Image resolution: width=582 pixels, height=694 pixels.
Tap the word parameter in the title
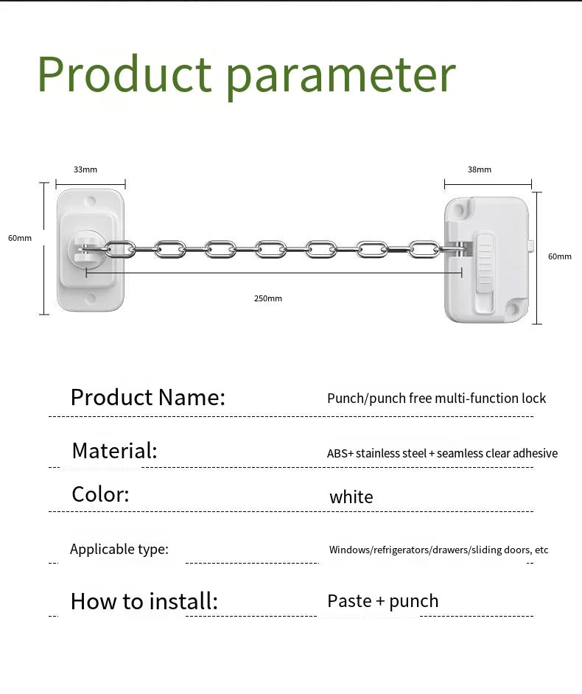tap(341, 77)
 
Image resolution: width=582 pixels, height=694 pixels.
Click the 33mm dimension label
tap(85, 169)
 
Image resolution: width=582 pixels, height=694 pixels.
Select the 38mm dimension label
tap(479, 169)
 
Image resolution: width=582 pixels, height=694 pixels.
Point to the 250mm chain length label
tap(268, 298)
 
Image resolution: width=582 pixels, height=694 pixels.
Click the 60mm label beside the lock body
tap(559, 256)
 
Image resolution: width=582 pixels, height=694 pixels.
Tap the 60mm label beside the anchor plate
tap(20, 238)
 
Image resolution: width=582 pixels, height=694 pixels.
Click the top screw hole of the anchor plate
tap(91, 200)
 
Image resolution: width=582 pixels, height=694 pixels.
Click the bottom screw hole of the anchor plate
tap(91, 298)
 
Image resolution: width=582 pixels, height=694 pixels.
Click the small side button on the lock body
tap(530, 244)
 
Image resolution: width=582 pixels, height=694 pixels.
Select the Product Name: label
tap(147, 398)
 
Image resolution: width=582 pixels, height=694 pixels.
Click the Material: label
tap(114, 450)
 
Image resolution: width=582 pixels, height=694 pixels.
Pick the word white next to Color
tap(351, 497)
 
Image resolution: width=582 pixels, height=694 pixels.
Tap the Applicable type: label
tap(119, 549)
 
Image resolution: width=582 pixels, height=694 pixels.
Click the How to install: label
tap(144, 601)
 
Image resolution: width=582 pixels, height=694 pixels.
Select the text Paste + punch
tap(382, 601)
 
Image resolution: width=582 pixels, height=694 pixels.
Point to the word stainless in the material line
tap(378, 454)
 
